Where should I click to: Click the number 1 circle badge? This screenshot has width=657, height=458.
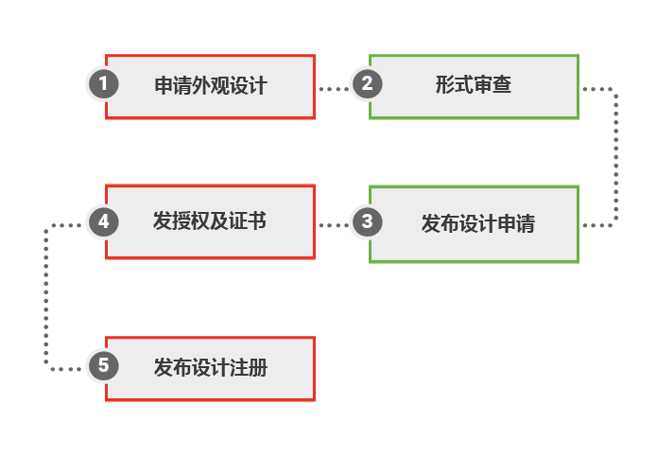click(x=103, y=84)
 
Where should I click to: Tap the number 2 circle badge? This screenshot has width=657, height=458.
click(x=367, y=84)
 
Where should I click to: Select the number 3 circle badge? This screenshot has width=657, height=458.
click(x=367, y=222)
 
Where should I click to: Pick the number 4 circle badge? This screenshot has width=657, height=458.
click(x=103, y=222)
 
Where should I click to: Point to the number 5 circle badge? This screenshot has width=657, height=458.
click(x=103, y=365)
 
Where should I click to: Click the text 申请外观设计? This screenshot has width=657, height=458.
click(x=210, y=85)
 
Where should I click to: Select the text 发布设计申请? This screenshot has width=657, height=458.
click(x=477, y=224)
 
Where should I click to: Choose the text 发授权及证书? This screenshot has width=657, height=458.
click(x=210, y=222)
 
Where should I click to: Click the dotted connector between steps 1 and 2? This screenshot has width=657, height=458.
click(x=333, y=88)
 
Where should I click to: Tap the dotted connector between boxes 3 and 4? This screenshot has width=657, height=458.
click(x=333, y=225)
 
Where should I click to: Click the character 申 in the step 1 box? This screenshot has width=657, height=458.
click(x=164, y=85)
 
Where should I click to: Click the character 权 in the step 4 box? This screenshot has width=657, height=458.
click(x=200, y=222)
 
